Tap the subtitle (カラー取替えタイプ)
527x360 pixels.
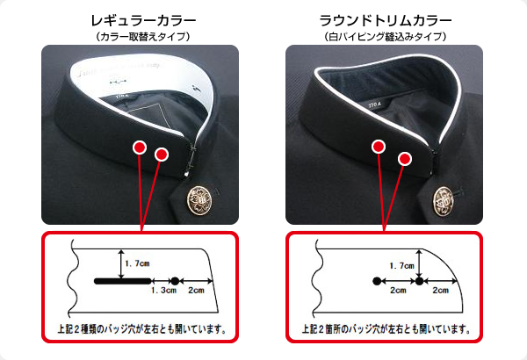[x=142, y=36]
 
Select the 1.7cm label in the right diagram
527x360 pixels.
[x=401, y=264]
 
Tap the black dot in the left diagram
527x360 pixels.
[x=174, y=281]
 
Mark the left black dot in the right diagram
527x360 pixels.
[x=377, y=281]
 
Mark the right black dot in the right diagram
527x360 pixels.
[x=420, y=281]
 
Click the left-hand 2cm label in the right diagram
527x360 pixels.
[x=398, y=291]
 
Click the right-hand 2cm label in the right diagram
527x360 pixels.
[x=441, y=291]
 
